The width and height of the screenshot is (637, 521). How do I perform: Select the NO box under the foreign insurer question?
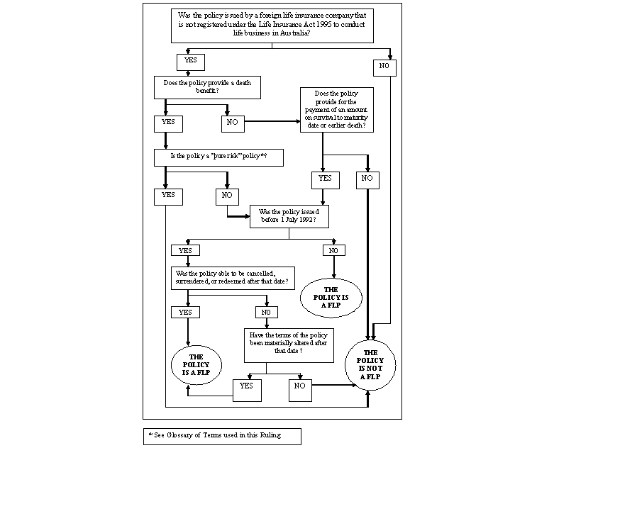point(385,68)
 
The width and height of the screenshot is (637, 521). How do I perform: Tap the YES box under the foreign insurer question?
point(191,62)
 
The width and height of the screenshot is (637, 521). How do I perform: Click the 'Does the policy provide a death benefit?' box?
point(207,88)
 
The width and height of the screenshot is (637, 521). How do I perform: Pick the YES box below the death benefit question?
point(169,123)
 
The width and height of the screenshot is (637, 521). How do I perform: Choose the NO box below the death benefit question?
point(232,123)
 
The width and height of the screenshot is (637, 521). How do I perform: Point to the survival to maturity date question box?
point(336,110)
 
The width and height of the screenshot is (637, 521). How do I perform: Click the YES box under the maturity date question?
point(325,180)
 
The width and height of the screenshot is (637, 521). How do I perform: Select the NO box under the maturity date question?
point(367,180)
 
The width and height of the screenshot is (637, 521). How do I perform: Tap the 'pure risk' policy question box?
point(218,157)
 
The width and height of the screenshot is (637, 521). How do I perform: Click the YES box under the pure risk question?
point(168,196)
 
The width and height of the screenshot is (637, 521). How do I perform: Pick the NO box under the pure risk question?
point(227,196)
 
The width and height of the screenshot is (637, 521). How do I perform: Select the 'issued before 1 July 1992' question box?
point(289,216)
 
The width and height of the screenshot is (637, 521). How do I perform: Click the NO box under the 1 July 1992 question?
point(333,250)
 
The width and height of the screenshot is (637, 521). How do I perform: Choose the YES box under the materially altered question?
point(247,390)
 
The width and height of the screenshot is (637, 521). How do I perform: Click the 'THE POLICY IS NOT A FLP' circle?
point(370,365)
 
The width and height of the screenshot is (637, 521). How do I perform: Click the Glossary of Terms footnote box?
point(222,436)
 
